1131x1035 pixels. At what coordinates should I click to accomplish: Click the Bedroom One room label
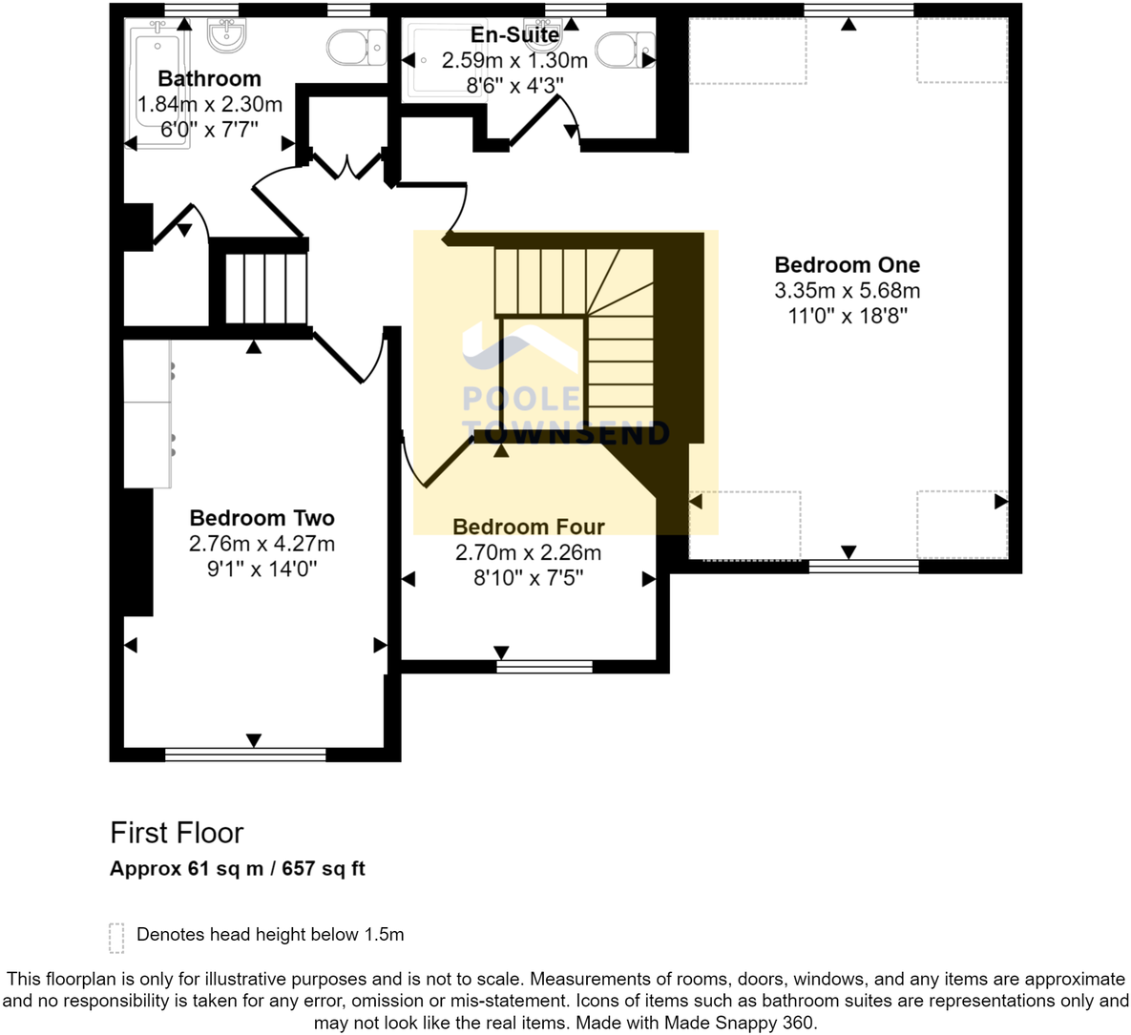[x=847, y=265]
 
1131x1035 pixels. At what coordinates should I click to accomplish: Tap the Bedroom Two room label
[x=262, y=518]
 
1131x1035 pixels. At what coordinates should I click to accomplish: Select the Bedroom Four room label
[x=528, y=527]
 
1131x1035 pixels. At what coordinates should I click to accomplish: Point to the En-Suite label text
[x=514, y=35]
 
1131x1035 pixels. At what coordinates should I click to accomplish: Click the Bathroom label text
[x=209, y=78]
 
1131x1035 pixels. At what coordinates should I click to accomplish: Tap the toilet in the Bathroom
[x=355, y=45]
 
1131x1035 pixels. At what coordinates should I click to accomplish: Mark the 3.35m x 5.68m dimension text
[x=847, y=291]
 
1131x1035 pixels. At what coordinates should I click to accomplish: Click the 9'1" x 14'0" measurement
[x=262, y=569]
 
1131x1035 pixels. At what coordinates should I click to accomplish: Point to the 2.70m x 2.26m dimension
[x=528, y=552]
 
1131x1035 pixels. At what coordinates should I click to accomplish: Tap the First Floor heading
[x=177, y=833]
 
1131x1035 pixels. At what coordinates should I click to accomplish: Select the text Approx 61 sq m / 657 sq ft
[x=237, y=869]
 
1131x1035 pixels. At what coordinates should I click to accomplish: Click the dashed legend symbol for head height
[x=116, y=937]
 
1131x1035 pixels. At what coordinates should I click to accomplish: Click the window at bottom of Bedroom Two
[x=245, y=756]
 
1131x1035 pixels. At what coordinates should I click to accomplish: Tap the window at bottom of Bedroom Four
[x=544, y=667]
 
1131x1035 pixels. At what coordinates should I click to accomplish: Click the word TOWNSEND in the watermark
[x=565, y=432]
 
